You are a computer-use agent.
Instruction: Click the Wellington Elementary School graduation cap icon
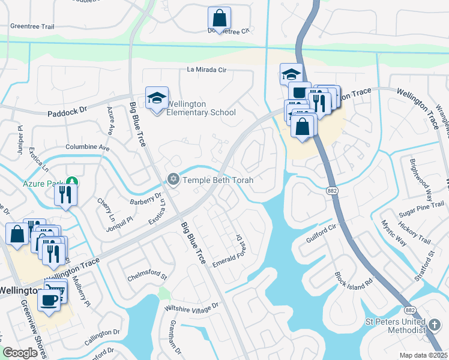[x=157, y=98]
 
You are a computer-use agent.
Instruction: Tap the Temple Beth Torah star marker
[x=173, y=179]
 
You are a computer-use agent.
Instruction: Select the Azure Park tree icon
[x=72, y=181]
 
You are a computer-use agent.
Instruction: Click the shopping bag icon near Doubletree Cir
[x=219, y=19]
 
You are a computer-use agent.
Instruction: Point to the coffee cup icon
[x=49, y=299]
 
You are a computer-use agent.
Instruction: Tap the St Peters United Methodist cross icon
[x=435, y=326]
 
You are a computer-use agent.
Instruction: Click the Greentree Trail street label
[x=32, y=27]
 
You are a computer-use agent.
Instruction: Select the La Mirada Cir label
[x=206, y=70]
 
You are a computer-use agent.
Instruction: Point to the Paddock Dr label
[x=67, y=112]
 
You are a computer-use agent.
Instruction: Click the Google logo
[x=20, y=353]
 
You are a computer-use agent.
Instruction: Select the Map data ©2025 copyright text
[x=423, y=355]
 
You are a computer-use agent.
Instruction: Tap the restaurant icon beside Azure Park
[x=65, y=195]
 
